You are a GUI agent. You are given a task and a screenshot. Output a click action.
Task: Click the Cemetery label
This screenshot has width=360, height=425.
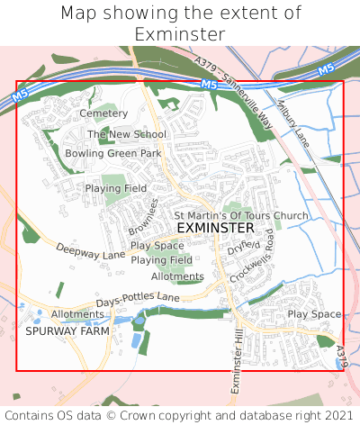[103, 113]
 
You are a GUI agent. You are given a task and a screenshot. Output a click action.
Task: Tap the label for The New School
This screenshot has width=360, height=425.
[127, 134]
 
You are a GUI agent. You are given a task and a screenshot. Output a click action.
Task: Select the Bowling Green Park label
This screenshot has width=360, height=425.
[113, 153]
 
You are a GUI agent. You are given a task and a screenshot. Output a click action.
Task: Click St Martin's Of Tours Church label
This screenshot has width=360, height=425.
[241, 215]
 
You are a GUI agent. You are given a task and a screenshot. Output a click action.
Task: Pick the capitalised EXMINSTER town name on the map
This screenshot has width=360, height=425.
[216, 229]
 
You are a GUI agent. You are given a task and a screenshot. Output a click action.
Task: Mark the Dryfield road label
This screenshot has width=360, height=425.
[243, 245]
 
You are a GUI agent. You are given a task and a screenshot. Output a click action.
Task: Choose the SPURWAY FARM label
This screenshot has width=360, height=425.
[67, 330]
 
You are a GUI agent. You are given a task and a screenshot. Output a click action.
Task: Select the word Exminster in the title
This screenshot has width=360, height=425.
[180, 34]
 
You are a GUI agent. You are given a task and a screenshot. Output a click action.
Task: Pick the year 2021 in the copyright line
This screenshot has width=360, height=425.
[337, 415]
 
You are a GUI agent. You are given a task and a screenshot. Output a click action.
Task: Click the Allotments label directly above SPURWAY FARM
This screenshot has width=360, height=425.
[72, 313]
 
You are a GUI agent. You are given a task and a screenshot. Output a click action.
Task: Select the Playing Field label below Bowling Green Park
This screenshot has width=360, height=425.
[116, 188]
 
